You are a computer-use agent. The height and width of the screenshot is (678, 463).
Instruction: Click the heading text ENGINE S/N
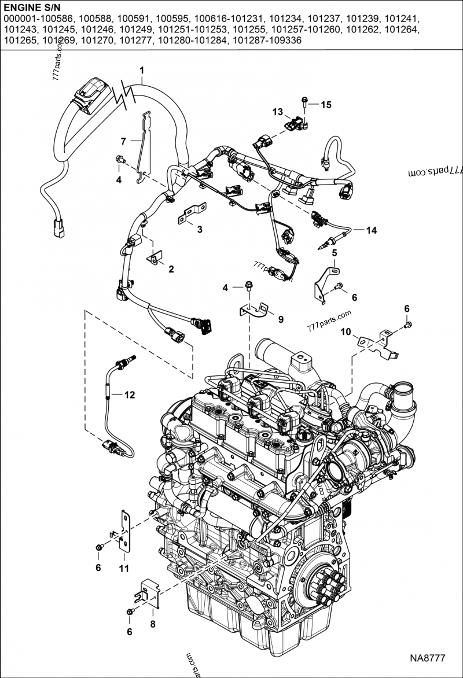(x=30, y=8)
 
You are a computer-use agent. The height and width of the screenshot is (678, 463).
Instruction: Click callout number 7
(x=123, y=141)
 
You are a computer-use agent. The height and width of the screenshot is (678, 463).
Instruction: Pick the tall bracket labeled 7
(x=144, y=148)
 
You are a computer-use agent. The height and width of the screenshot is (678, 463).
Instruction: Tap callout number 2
(x=171, y=269)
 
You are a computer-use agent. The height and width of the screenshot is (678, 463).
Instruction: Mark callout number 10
(x=345, y=331)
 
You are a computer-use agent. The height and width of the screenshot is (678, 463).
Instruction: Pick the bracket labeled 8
(x=148, y=594)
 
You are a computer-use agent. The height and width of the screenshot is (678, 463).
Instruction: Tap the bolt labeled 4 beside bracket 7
(x=120, y=160)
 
